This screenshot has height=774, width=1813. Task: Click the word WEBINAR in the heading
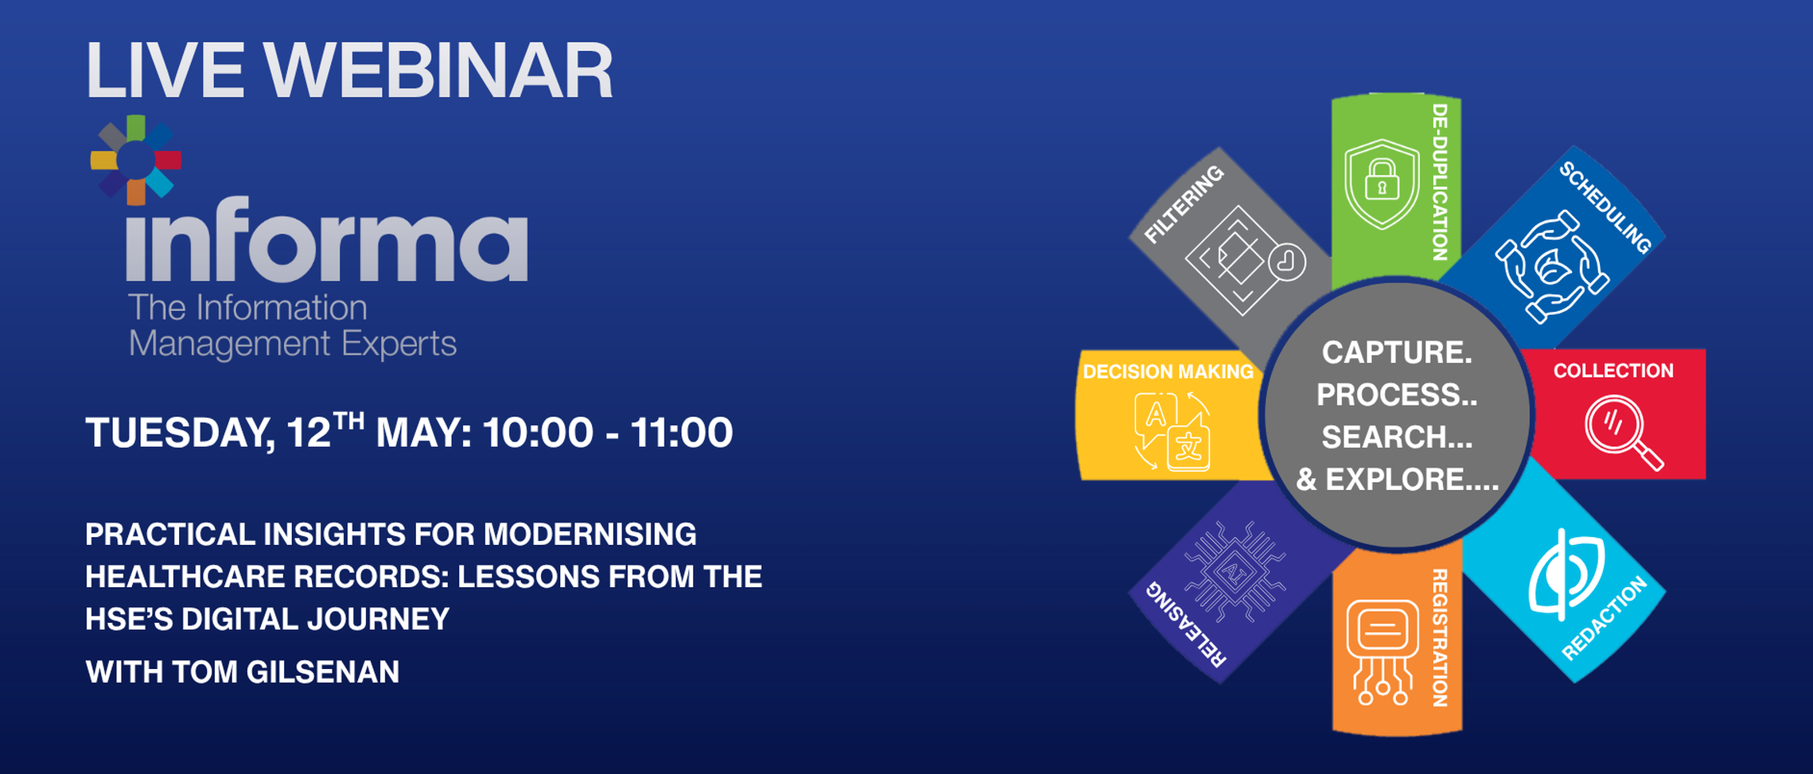click(438, 71)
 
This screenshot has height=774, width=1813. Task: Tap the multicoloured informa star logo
click(136, 160)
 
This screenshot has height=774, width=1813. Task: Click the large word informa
click(326, 239)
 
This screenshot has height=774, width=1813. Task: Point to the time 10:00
click(538, 433)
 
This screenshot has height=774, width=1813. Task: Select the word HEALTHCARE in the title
click(185, 577)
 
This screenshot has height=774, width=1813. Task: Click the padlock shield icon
click(1382, 184)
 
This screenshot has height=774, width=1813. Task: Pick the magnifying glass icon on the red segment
click(1624, 434)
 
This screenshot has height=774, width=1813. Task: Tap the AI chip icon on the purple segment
click(1235, 572)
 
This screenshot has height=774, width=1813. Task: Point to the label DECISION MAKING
click(1168, 371)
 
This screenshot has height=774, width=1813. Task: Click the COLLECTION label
click(1613, 371)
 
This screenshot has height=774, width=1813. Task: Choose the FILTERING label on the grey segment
click(1184, 204)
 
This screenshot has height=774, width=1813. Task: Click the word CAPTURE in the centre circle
click(1397, 352)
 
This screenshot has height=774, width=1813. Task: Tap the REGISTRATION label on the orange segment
click(1439, 637)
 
